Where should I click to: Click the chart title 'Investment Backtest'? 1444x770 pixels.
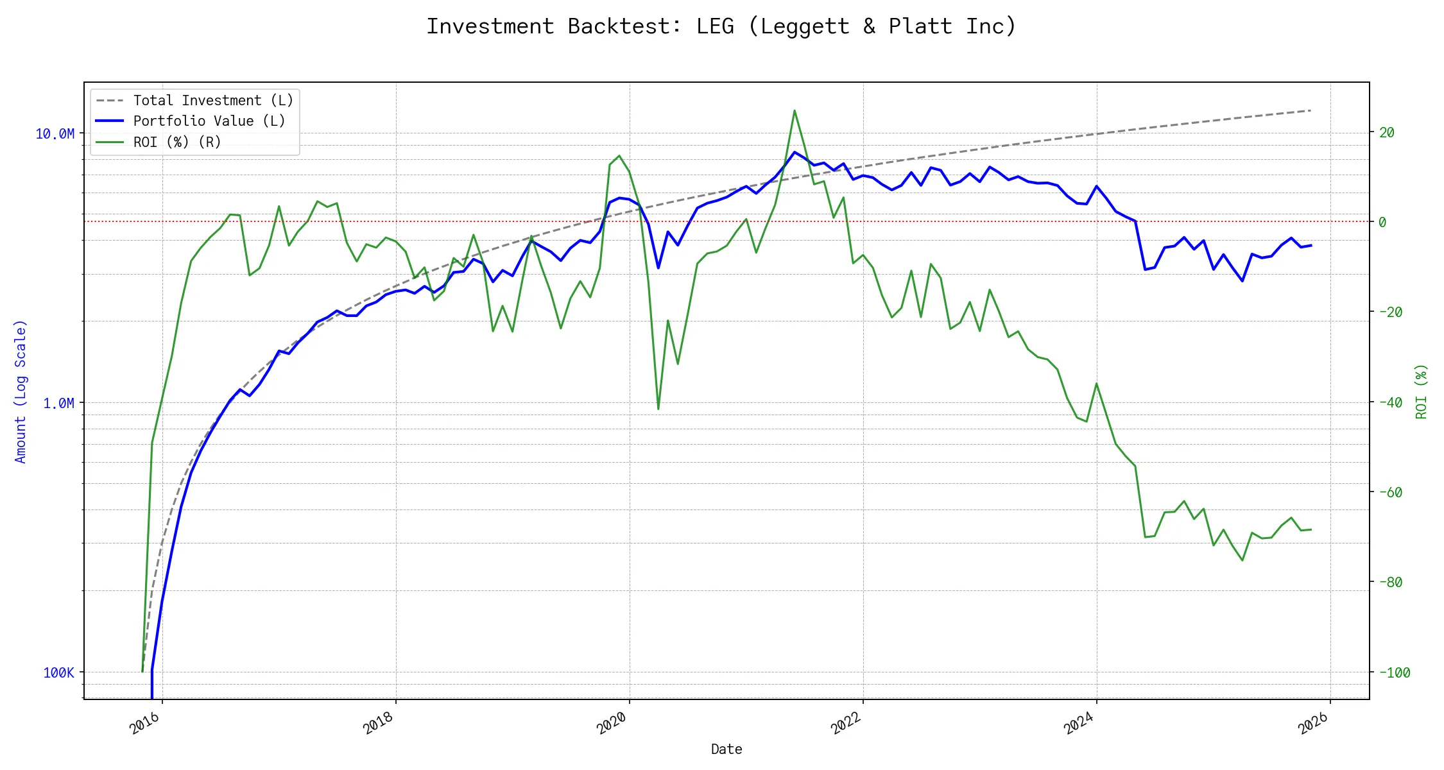click(721, 26)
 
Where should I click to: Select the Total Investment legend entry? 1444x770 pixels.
click(212, 101)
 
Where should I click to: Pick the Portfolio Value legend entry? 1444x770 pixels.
click(209, 121)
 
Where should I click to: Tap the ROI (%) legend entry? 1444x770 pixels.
click(176, 142)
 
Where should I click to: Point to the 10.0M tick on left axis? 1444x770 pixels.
click(55, 133)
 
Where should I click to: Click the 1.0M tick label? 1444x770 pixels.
click(58, 403)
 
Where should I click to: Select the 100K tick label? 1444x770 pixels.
click(58, 672)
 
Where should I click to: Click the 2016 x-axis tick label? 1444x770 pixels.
click(145, 724)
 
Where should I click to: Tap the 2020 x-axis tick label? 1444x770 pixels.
click(612, 724)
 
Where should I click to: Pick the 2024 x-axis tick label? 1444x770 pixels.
click(1079, 724)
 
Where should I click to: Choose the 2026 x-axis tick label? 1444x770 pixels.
click(1313, 724)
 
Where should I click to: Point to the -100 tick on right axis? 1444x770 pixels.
click(1394, 672)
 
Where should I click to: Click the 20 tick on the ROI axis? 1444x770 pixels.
click(1386, 132)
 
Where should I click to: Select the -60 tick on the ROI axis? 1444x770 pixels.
click(1390, 492)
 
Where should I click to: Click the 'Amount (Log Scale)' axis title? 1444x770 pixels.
click(21, 391)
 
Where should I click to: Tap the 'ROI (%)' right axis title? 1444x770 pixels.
click(1421, 391)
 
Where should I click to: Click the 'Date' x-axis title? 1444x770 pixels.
click(726, 749)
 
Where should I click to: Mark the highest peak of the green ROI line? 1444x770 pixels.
click(795, 110)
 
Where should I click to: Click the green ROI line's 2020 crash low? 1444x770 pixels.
click(658, 409)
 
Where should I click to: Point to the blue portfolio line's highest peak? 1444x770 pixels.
click(795, 152)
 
